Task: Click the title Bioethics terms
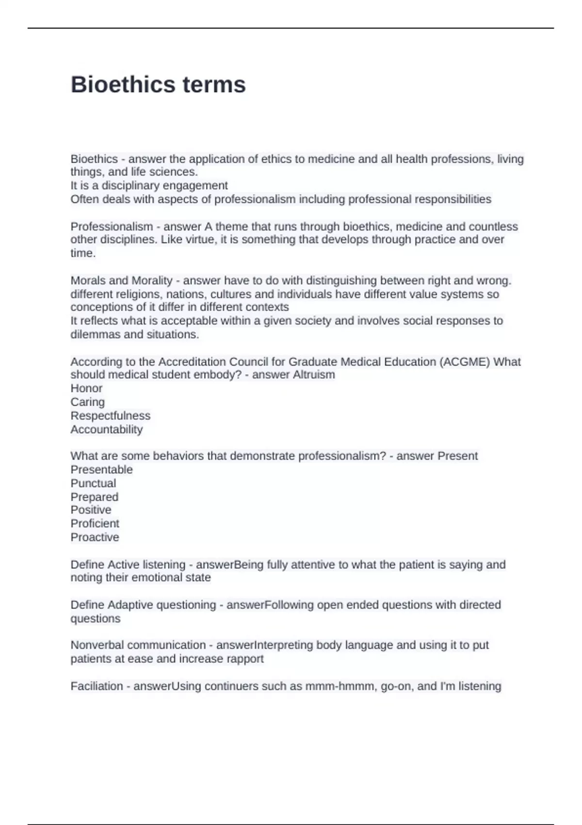(158, 84)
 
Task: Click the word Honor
(86, 388)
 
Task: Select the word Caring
(87, 402)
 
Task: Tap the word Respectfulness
(110, 415)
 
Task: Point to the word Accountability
(106, 429)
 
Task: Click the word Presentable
(101, 469)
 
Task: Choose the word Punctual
(93, 483)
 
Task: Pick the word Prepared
(94, 496)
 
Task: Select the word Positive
(91, 510)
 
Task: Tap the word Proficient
(95, 523)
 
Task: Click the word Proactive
(95, 537)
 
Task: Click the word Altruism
(314, 375)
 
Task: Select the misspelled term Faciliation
(97, 686)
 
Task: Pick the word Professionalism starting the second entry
(112, 227)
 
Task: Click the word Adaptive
(129, 605)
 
